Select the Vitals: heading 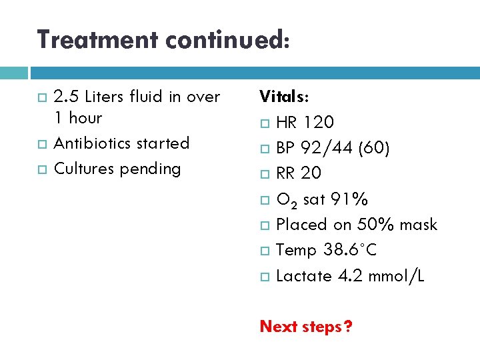pos(284,97)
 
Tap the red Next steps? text pos(306,327)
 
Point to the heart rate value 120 pos(319,123)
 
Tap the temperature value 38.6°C pos(350,250)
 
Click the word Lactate pos(299,275)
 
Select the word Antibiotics pos(93,143)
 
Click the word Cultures pos(83,169)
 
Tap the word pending pos(150,169)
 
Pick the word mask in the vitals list pos(419,225)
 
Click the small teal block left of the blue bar pos(13,73)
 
